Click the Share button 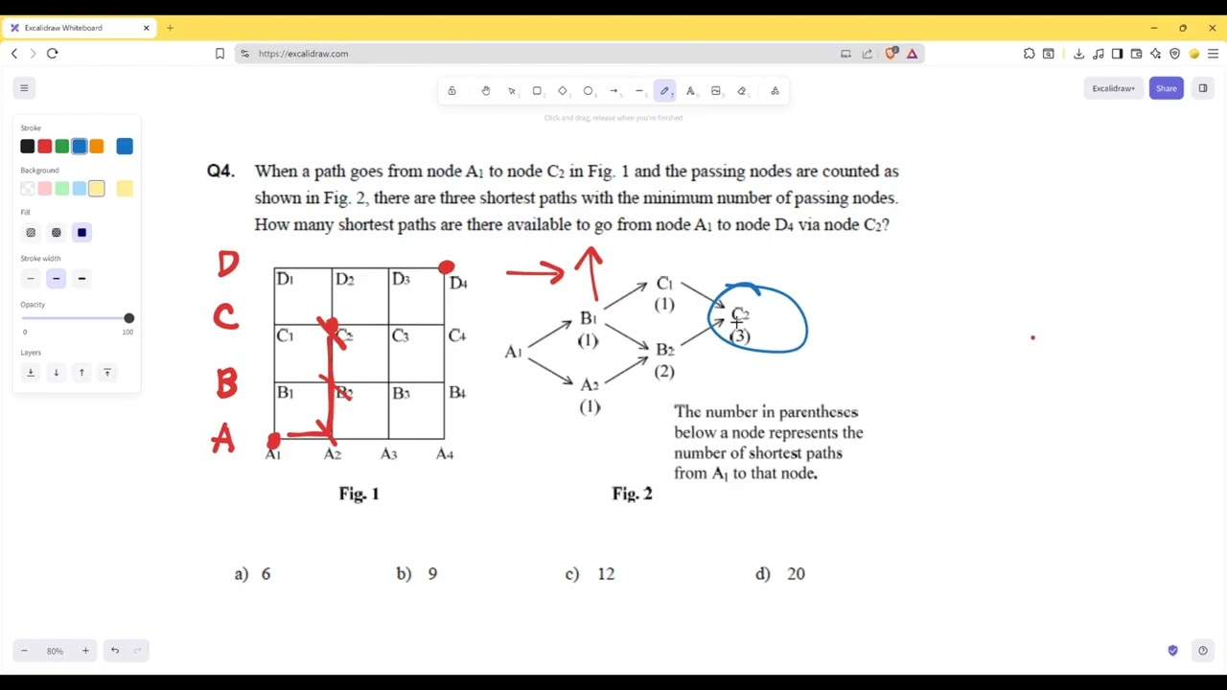1166,88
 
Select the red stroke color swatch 44,147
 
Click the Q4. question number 220,171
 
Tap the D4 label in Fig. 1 458,283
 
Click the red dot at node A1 274,441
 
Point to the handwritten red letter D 228,264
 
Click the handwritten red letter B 226,383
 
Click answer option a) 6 253,573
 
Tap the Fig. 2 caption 632,494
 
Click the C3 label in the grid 400,335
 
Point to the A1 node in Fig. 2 513,352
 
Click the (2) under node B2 664,371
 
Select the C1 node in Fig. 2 664,284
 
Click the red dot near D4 447,267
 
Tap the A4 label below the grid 445,454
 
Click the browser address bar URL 303,54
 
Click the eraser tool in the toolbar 742,91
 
